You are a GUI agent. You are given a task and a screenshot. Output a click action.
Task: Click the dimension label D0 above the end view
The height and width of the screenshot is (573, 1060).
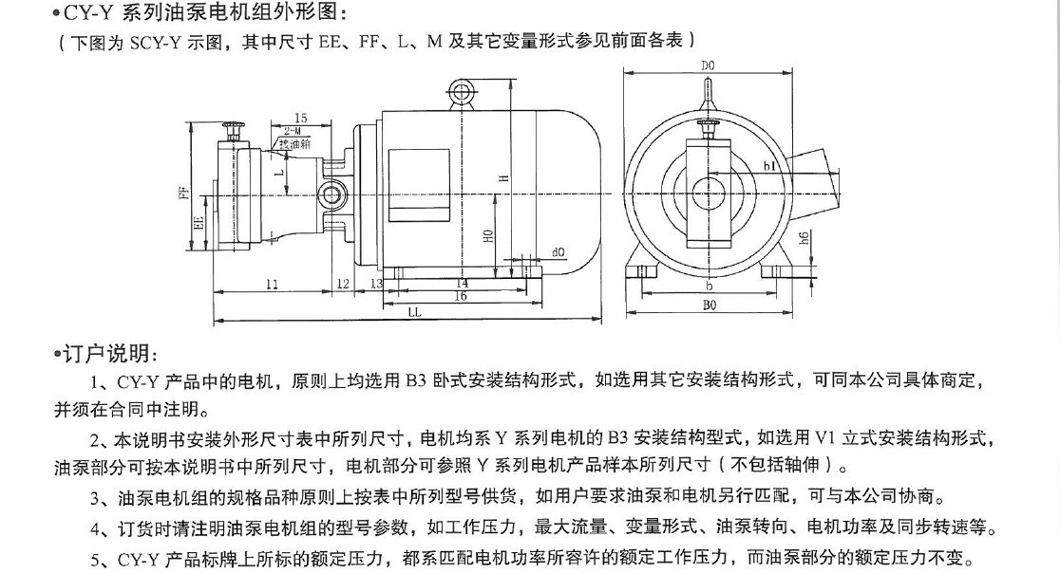point(708,65)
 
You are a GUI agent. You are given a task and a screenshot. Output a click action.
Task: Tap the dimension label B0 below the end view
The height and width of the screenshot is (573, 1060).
point(709,305)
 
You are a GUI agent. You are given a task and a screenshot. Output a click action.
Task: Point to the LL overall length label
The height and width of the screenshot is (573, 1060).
point(415,312)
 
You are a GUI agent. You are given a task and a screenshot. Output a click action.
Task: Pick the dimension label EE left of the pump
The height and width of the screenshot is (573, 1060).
point(199,224)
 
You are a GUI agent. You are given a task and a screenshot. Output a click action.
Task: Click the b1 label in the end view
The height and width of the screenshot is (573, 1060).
point(769,168)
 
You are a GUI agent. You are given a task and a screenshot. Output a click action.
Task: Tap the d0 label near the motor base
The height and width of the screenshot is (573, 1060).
point(558,252)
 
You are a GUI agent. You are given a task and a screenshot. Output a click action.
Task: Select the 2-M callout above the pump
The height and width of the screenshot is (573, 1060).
point(293,130)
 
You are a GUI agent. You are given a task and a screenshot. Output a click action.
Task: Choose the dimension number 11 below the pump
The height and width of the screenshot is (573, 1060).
point(273,284)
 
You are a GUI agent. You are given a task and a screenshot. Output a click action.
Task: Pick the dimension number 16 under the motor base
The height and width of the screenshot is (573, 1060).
point(461,296)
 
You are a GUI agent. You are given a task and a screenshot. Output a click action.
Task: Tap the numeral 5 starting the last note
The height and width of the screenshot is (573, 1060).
point(96,560)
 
